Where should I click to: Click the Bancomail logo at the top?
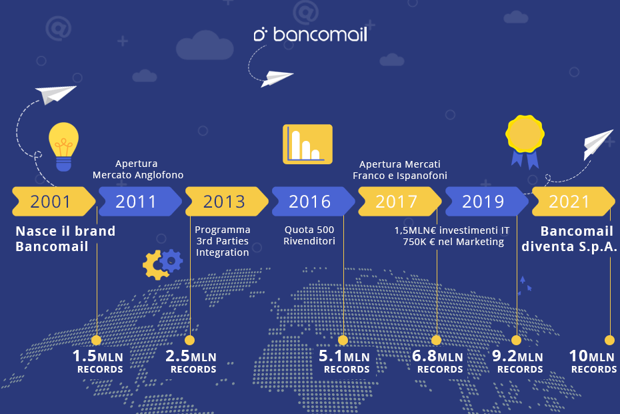click(x=311, y=35)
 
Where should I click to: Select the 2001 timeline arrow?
click(x=52, y=201)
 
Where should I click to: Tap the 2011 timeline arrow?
click(x=137, y=201)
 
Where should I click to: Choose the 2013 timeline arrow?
click(x=225, y=201)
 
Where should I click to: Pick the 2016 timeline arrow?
click(x=311, y=201)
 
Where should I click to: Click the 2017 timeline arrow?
click(x=397, y=201)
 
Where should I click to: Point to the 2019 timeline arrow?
click(x=484, y=201)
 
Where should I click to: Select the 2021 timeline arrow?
click(x=571, y=201)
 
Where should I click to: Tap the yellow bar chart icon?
click(x=307, y=144)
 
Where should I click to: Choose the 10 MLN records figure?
click(x=593, y=361)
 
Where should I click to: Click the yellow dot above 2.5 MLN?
click(x=190, y=340)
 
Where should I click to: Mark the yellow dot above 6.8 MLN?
click(x=437, y=340)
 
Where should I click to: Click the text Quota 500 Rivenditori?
click(x=309, y=236)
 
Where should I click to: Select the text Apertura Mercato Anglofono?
click(x=137, y=170)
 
